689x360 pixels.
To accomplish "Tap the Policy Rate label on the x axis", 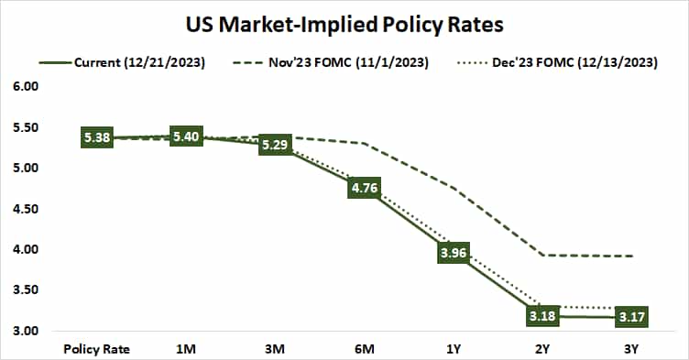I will [x=96, y=348].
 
